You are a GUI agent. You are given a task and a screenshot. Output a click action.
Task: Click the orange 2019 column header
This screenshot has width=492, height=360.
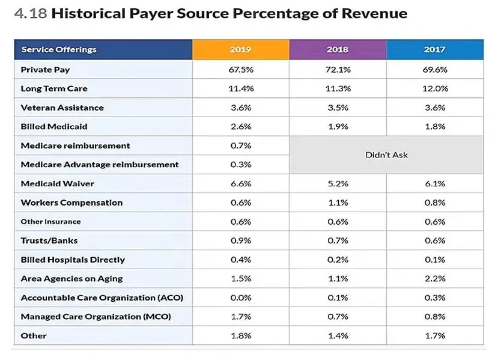pos(240,49)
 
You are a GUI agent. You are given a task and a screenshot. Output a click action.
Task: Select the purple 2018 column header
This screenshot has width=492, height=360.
pos(338,49)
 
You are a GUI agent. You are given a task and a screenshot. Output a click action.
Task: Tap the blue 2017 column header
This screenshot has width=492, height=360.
pos(434,49)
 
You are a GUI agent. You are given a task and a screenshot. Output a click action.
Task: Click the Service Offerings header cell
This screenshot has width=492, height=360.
pos(59,49)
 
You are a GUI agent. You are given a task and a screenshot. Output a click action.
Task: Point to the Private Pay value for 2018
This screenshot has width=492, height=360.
pos(338,70)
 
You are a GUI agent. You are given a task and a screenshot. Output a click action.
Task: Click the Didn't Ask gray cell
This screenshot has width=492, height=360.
pos(386,155)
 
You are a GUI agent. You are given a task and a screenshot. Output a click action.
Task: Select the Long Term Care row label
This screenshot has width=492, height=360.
pos(54,89)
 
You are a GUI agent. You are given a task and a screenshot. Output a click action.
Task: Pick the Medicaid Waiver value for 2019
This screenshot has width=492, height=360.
pos(240,183)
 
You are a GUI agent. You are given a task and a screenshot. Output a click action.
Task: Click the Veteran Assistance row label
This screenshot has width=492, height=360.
pos(62,108)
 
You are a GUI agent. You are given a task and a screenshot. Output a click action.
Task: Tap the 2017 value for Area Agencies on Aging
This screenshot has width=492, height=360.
pos(434,278)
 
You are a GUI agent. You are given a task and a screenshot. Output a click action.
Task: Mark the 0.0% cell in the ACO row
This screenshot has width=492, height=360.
pos(240,297)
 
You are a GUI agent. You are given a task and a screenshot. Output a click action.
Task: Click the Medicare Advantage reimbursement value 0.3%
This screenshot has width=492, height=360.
pos(240,165)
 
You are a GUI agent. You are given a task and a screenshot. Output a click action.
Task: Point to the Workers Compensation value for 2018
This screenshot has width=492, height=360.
pos(338,203)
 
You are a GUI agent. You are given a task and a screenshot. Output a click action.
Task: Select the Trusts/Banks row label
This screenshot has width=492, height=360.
pos(49,240)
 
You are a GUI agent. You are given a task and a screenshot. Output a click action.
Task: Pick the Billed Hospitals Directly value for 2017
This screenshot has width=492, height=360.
pos(434,260)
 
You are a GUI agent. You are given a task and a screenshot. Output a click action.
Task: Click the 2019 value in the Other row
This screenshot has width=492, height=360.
pos(240,335)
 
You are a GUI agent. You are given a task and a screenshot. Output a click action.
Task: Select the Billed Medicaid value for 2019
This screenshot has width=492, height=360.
pos(240,127)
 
